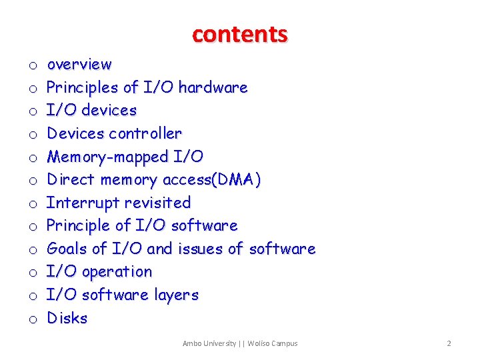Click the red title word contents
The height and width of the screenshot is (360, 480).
240,33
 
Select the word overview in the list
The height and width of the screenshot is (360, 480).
79,65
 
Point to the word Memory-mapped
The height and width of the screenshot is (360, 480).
107,157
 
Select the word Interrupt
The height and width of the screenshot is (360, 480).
79,203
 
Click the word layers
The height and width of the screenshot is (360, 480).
175,295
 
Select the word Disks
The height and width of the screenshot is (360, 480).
67,318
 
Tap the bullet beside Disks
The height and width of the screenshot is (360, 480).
32,319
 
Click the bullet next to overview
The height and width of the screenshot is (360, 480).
32,66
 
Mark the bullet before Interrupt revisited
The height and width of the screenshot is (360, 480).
32,204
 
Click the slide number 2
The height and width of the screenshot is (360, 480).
449,343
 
